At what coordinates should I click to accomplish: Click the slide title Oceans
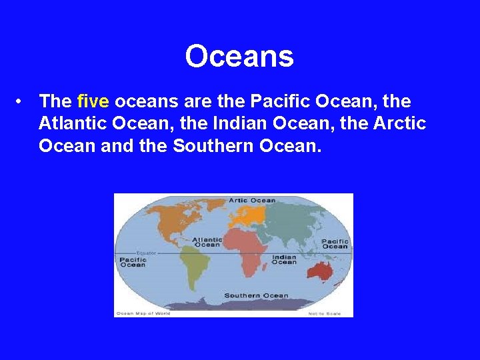(x=239, y=57)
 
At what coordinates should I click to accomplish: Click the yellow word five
(x=93, y=101)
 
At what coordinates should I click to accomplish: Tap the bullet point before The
(x=22, y=101)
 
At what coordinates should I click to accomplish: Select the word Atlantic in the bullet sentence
(x=69, y=123)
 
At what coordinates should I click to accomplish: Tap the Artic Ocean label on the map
(x=252, y=200)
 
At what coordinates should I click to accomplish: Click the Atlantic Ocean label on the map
(x=207, y=242)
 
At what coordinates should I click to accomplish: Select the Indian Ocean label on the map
(x=284, y=259)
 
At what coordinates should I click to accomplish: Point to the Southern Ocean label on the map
(x=256, y=295)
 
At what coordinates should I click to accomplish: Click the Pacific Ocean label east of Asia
(x=335, y=244)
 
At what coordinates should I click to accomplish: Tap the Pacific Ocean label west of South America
(x=133, y=262)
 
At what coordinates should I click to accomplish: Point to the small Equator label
(x=145, y=253)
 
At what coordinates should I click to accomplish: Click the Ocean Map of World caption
(x=143, y=313)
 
